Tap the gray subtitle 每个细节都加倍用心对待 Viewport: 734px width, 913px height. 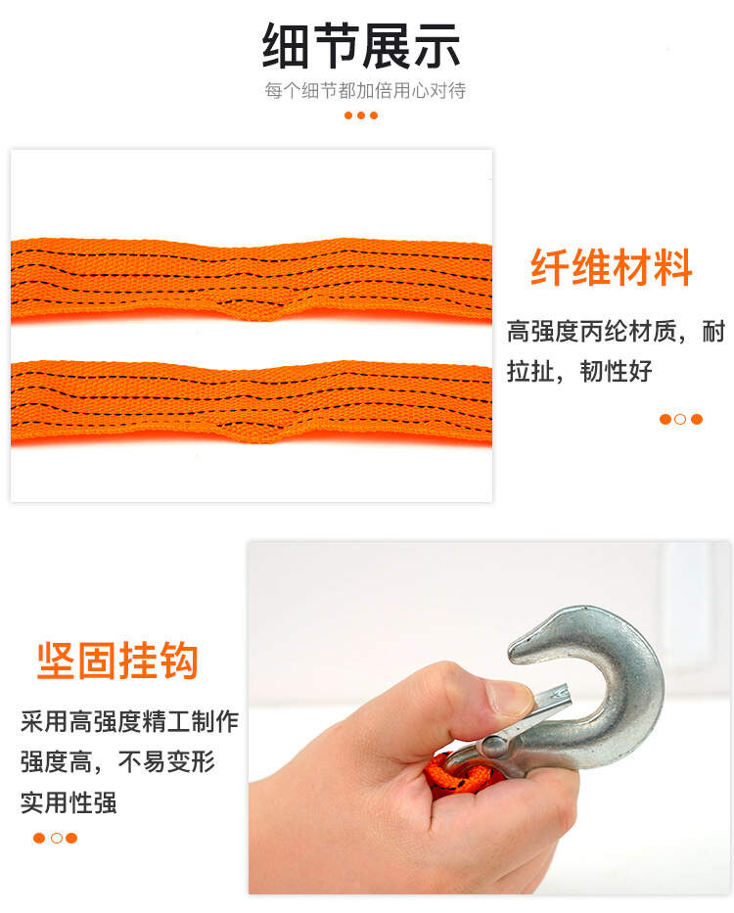pos(365,90)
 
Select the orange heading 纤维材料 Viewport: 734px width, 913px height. pos(611,267)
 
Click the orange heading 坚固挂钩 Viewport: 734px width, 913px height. pos(117,661)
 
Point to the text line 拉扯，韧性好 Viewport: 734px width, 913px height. pos(579,371)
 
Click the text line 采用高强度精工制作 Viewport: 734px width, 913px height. pos(129,721)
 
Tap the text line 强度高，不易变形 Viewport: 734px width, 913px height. pos(117,761)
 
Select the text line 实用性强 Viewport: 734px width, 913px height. pos(69,802)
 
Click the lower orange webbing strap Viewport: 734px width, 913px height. pos(252,402)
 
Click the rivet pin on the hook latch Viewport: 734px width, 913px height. pos(494,747)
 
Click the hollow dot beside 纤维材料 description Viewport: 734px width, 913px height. pos(680,419)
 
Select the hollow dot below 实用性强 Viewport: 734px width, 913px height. pos(57,838)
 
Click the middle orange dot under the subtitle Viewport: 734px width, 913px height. pos(361,115)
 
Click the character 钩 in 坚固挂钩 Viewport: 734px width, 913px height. pos(179,661)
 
